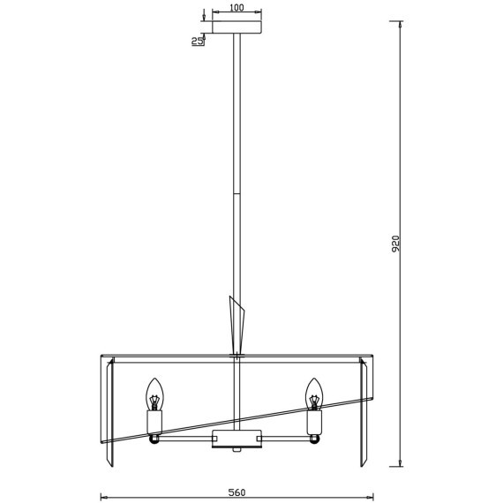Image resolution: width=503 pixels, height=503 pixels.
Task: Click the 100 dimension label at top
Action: (x=237, y=7)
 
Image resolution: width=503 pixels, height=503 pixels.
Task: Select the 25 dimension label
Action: (x=197, y=41)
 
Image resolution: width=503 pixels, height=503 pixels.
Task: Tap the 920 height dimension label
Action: (x=396, y=244)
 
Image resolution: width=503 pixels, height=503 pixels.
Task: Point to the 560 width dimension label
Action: (x=236, y=492)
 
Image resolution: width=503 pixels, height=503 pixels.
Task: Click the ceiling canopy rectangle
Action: (x=237, y=27)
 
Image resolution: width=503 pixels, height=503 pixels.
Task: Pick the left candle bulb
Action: (x=154, y=394)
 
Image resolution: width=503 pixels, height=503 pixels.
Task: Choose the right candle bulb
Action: (x=314, y=394)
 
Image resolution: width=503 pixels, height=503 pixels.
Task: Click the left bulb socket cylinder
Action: (x=154, y=423)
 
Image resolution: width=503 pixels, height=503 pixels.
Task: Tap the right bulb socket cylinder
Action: (x=314, y=423)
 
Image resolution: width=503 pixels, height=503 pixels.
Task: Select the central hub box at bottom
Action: (x=237, y=439)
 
